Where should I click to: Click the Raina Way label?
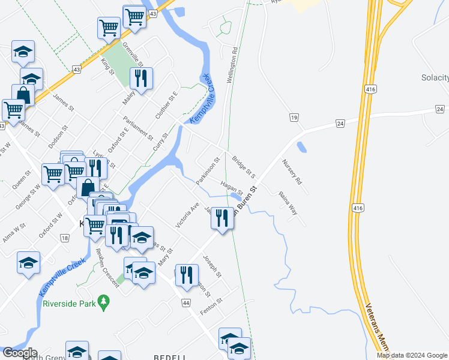tap(288, 202)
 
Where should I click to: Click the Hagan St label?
tap(231, 188)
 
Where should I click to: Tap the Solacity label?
tap(435, 78)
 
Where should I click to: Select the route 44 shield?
tap(186, 303)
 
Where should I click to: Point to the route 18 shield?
tap(64, 239)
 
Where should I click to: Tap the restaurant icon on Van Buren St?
tap(222, 217)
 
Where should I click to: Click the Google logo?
tap(19, 353)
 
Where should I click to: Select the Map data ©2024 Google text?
tap(411, 355)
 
